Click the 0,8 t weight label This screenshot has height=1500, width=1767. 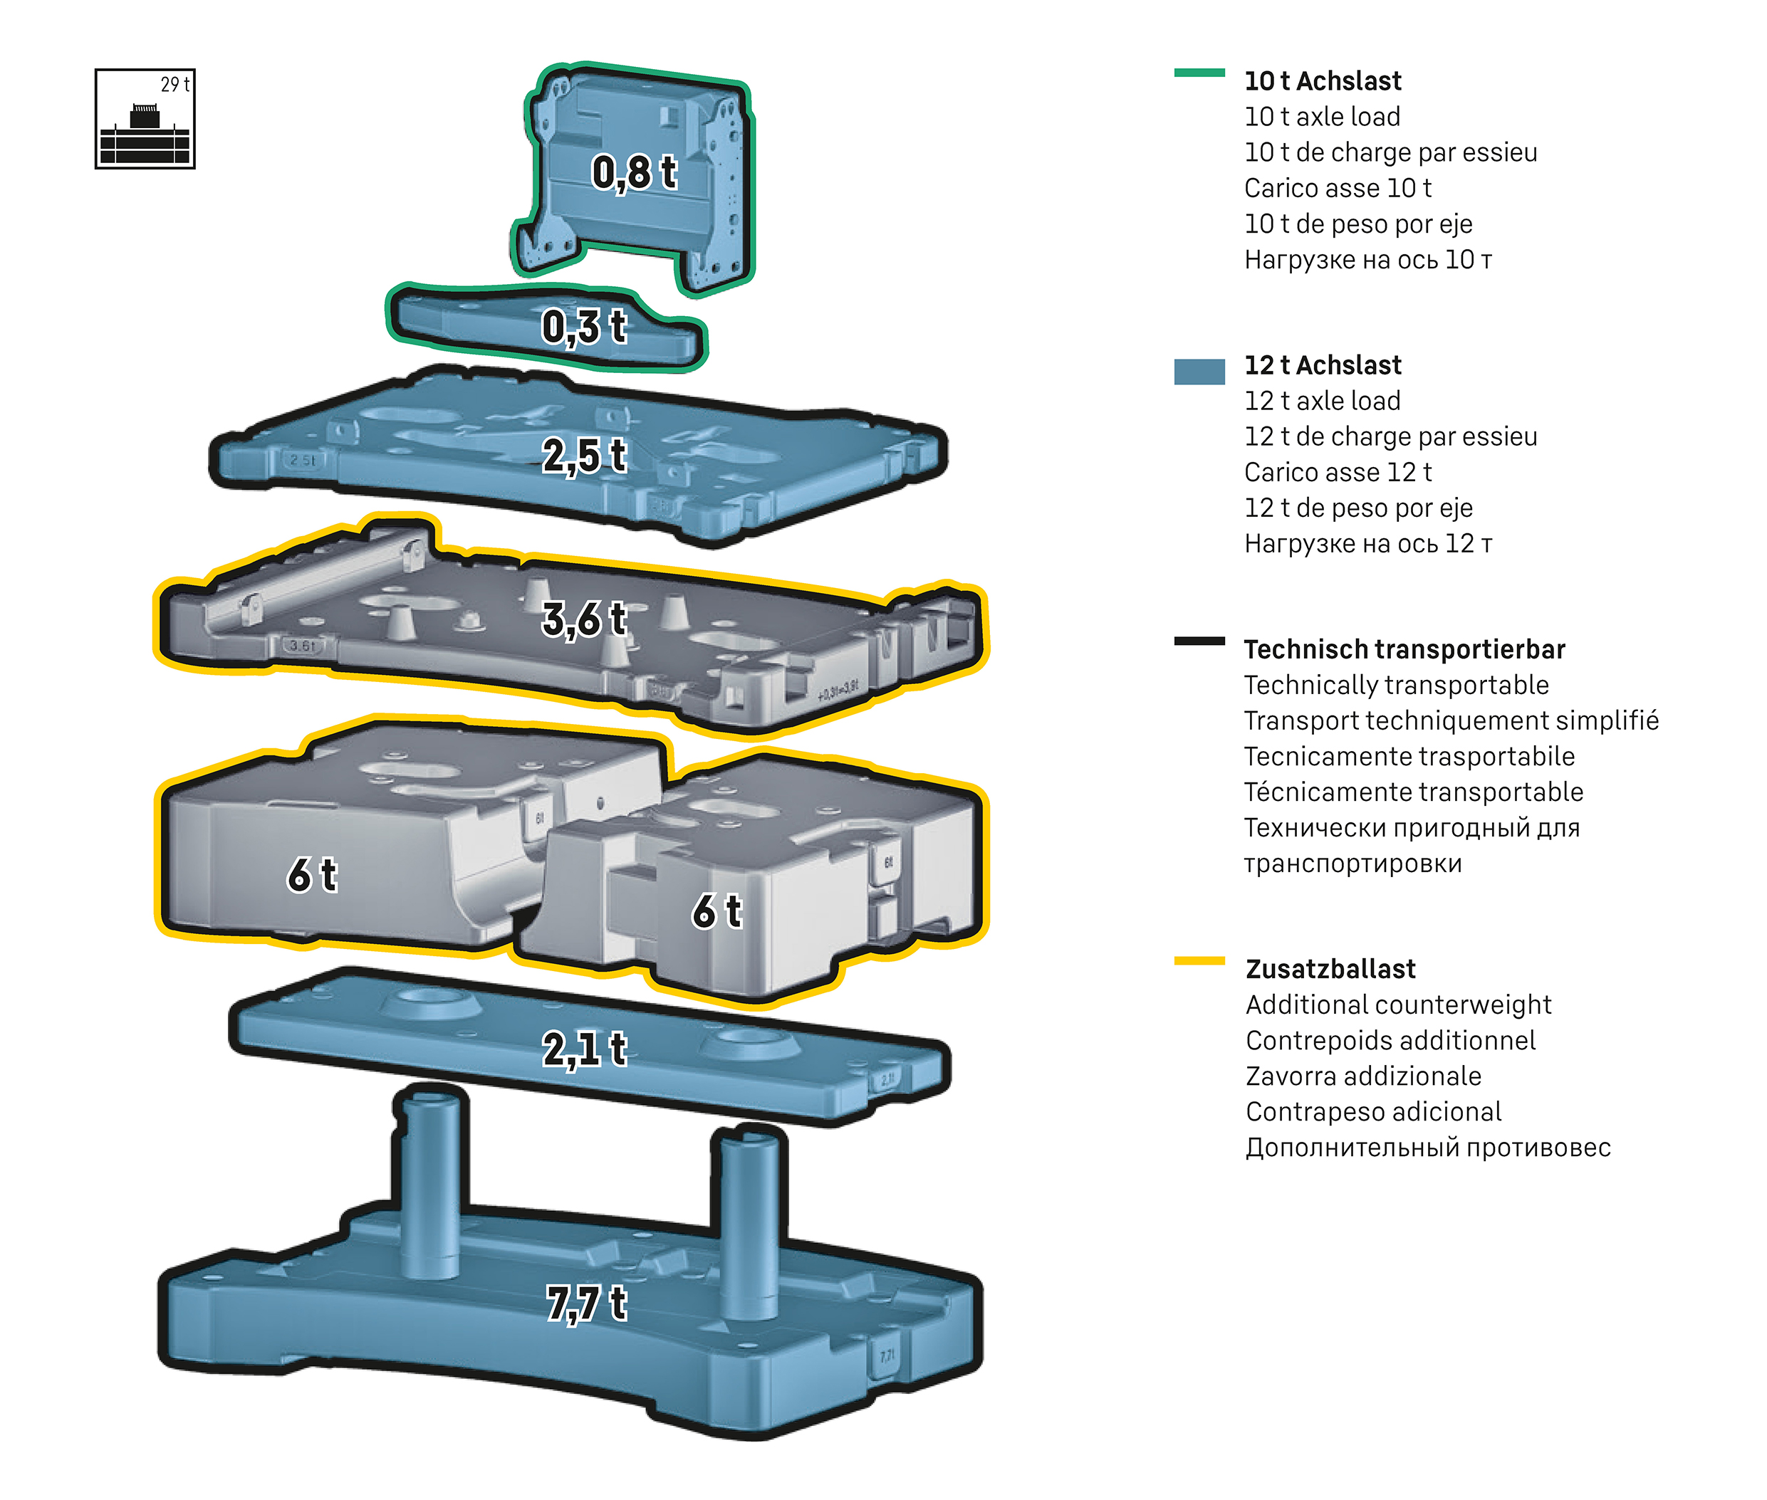click(634, 172)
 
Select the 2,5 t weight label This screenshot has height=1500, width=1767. click(585, 456)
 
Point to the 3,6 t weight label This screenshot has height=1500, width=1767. click(585, 619)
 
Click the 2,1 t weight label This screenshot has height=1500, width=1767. click(585, 1049)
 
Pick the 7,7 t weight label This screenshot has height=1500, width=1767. click(586, 1303)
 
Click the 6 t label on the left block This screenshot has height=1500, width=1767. click(311, 875)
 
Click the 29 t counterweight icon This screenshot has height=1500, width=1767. click(145, 119)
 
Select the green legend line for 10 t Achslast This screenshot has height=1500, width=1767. click(1199, 73)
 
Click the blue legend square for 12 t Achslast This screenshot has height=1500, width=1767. click(1199, 372)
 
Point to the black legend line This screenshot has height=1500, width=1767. click(1199, 641)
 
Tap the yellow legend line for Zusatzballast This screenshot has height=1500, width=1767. click(1199, 961)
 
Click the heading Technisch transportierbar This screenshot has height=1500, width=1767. click(1404, 650)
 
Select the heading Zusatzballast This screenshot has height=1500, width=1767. click(1330, 970)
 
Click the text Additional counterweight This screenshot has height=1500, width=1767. click(1398, 1005)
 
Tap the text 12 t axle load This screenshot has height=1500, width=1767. click(1322, 401)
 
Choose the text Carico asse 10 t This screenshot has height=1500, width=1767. click(1338, 188)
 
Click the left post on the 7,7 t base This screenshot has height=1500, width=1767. click(430, 1182)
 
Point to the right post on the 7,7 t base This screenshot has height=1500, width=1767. click(749, 1224)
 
